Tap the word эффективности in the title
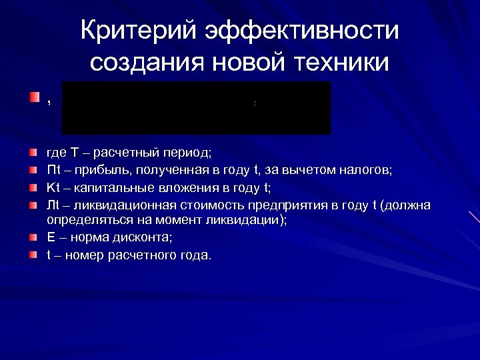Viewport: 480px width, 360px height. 302,31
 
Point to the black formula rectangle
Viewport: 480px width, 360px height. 196,108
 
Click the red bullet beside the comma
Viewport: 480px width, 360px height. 34,98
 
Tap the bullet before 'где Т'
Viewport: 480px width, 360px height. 34,155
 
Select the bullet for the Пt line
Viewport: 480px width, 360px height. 34,170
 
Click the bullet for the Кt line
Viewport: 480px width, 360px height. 34,187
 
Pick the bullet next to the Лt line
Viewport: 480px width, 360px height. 34,204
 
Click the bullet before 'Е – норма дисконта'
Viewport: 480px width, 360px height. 34,237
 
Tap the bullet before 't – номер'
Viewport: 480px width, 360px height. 34,255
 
